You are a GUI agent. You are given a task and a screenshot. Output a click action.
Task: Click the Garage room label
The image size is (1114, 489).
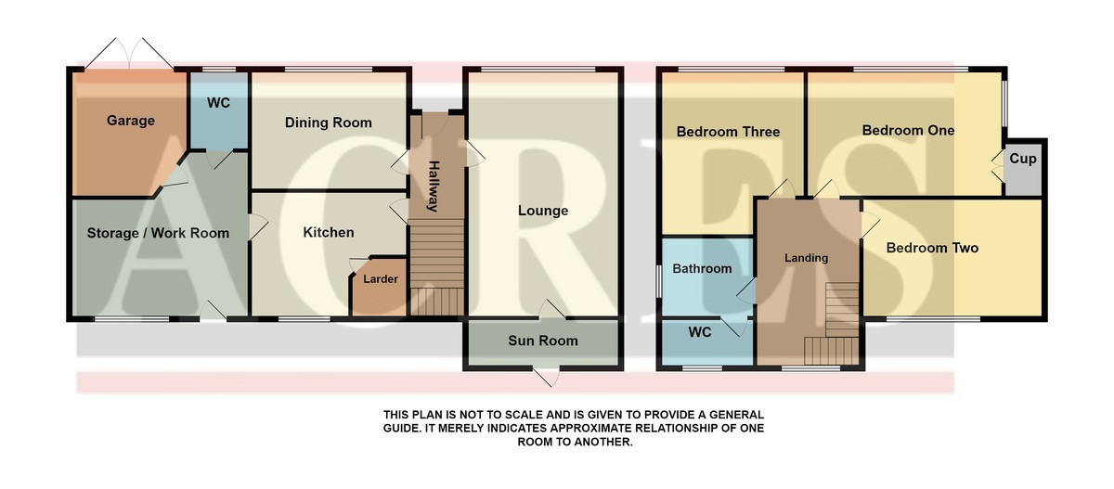click(x=130, y=121)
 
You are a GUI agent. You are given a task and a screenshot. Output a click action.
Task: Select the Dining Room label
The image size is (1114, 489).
click(x=329, y=122)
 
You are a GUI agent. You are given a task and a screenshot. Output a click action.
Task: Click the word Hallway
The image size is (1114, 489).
click(x=434, y=186)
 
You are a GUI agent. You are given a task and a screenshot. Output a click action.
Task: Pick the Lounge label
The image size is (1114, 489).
click(x=543, y=211)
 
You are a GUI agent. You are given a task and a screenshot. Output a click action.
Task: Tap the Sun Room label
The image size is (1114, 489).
click(x=543, y=341)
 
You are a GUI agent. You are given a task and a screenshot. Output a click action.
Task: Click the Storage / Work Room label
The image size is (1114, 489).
click(x=158, y=233)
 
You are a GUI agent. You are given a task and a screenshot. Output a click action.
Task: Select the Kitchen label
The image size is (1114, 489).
click(x=329, y=232)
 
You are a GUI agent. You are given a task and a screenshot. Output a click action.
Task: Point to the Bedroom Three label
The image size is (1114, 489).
click(x=728, y=132)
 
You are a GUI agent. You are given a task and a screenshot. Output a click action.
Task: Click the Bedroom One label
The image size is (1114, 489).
click(x=908, y=130)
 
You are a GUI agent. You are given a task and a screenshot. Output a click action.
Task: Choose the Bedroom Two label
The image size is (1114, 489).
click(x=932, y=248)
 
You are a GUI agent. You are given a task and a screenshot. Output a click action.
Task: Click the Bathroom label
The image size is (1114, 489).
click(x=702, y=269)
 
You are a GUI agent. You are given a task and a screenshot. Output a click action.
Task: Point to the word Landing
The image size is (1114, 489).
click(x=806, y=258)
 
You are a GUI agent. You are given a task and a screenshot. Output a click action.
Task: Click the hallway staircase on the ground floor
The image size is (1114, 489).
click(x=436, y=267)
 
